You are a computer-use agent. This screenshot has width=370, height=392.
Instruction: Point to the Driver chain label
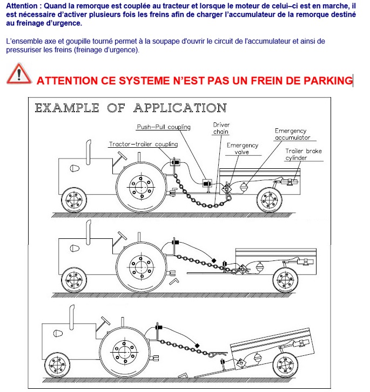coord(221,128)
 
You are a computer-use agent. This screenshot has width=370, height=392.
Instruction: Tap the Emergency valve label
coord(242,149)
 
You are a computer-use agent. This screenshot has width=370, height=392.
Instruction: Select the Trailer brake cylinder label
coord(304,155)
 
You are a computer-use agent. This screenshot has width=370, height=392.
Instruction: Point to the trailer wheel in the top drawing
coord(268,200)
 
